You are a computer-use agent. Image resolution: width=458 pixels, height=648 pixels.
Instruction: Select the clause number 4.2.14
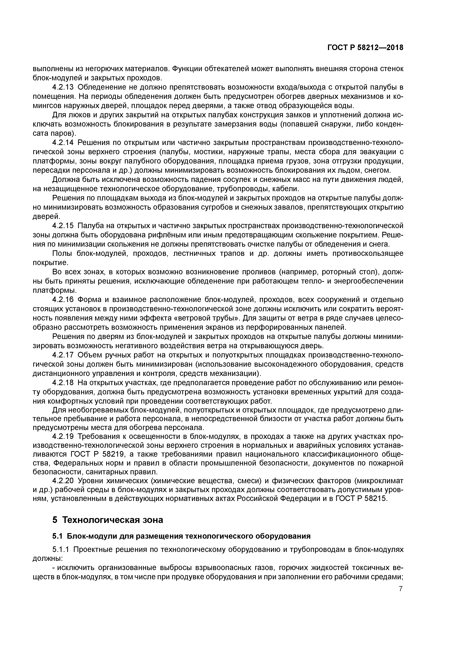[x=63, y=143]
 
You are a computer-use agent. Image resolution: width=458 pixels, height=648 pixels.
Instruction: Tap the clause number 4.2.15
[x=63, y=226]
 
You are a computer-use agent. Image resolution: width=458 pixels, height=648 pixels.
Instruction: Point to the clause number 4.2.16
[x=63, y=299]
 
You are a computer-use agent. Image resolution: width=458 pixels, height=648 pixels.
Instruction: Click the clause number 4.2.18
[x=63, y=382]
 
